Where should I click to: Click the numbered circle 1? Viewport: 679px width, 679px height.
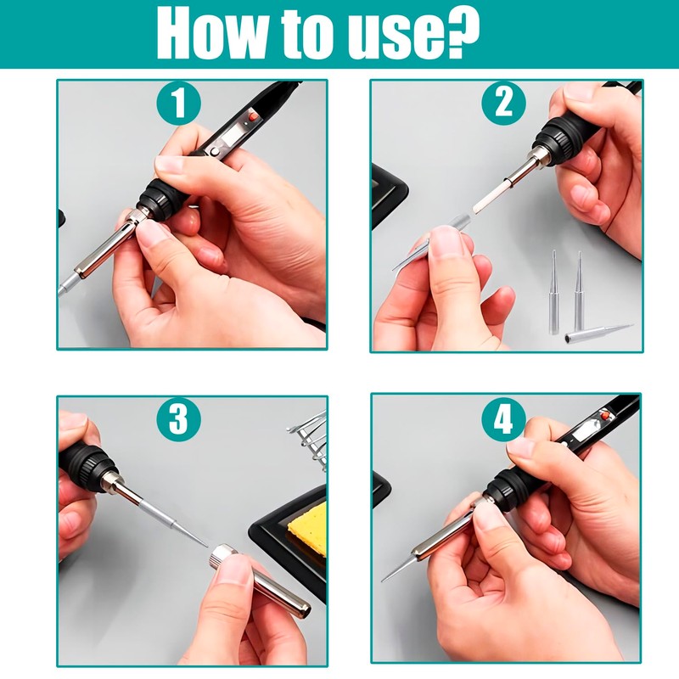[179, 103]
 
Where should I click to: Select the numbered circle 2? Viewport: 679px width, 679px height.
[503, 103]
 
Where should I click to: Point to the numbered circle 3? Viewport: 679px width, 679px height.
[179, 418]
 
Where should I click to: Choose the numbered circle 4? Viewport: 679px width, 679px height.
[503, 418]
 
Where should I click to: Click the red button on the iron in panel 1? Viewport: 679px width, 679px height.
[253, 116]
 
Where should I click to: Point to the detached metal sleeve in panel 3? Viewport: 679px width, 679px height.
[259, 580]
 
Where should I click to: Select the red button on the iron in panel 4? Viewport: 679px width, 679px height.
[604, 416]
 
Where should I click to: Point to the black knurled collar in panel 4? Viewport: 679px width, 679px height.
[504, 486]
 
